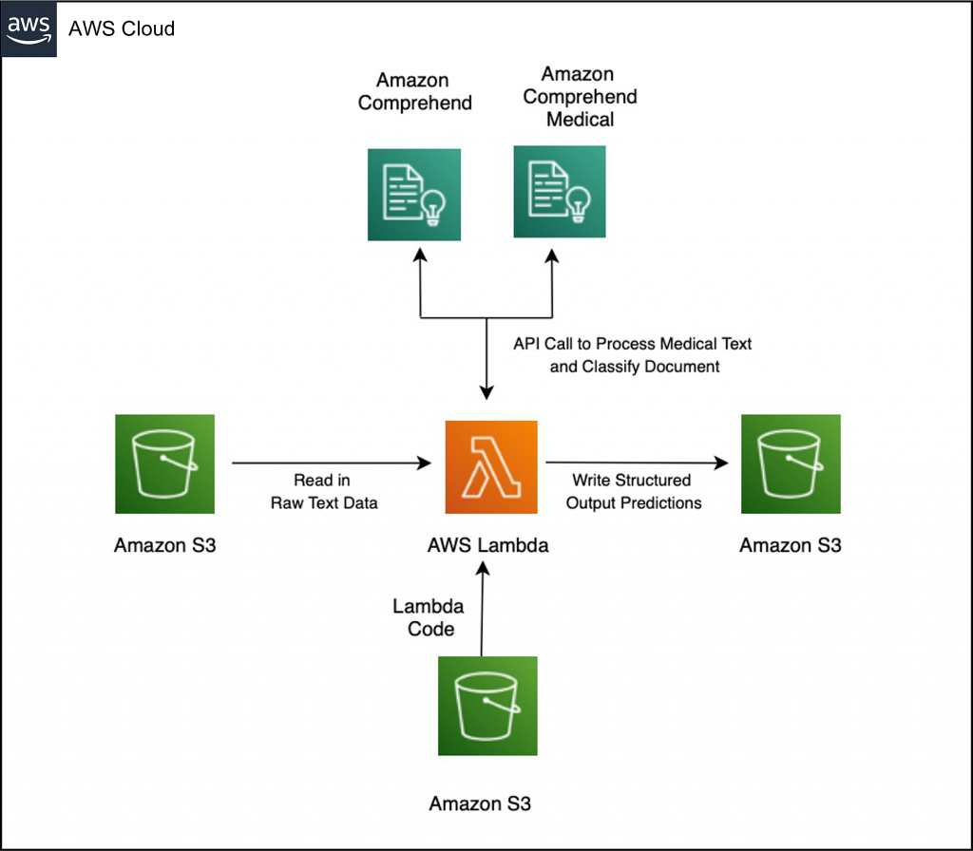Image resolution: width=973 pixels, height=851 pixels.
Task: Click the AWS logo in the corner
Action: [29, 28]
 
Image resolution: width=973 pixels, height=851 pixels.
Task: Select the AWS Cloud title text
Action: [122, 28]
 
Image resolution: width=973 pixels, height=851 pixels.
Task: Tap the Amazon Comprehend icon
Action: [414, 195]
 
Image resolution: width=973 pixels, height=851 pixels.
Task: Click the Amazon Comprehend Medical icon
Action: [559, 191]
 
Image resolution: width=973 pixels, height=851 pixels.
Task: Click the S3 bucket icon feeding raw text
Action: [163, 463]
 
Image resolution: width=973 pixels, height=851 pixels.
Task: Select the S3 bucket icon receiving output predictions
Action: [790, 463]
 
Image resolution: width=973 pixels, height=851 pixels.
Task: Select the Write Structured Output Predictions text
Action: [633, 492]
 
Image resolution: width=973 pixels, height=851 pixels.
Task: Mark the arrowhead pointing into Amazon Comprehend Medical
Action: [553, 252]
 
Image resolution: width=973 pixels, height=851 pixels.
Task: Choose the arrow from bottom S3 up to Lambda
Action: [483, 608]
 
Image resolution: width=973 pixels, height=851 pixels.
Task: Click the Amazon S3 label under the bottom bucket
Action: [480, 804]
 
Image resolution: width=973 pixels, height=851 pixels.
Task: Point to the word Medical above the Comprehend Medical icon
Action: [580, 119]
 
